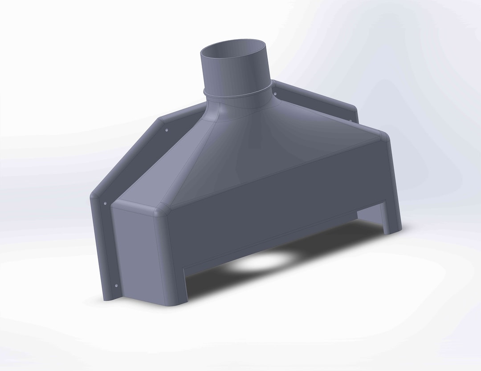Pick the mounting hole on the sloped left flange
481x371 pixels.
click(167, 130)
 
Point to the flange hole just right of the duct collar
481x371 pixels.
click(275, 93)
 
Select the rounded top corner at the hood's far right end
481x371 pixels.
click(383, 135)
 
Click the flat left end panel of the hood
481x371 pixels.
click(136, 254)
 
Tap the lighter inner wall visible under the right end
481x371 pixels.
click(370, 214)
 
